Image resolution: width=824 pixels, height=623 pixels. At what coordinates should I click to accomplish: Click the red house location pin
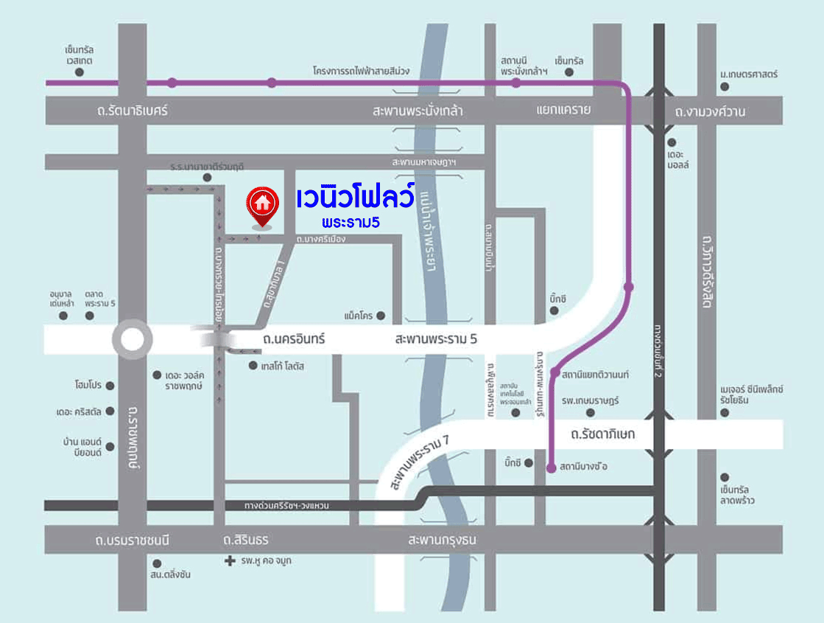[x=261, y=204]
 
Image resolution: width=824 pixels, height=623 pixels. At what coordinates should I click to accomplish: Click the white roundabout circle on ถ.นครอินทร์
[x=132, y=340]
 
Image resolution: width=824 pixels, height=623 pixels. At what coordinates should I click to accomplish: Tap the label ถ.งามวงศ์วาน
[x=710, y=112]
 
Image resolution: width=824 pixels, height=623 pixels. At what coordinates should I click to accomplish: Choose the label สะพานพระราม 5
[x=436, y=340]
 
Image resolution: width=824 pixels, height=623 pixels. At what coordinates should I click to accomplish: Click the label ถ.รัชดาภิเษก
[x=602, y=435]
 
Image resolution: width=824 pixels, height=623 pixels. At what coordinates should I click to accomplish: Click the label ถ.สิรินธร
[x=246, y=540]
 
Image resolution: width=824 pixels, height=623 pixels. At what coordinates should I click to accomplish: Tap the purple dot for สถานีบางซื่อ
[x=552, y=467]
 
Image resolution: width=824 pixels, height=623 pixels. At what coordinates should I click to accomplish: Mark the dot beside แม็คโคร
[x=381, y=316]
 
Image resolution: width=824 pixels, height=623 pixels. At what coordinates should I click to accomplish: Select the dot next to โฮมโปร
[x=110, y=386]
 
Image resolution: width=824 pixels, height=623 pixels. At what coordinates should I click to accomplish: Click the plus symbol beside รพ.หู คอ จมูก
[x=229, y=561]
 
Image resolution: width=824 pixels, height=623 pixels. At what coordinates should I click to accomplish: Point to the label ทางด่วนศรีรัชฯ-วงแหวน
[x=286, y=506]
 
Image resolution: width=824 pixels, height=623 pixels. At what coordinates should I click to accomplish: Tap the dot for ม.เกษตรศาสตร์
[x=725, y=86]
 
